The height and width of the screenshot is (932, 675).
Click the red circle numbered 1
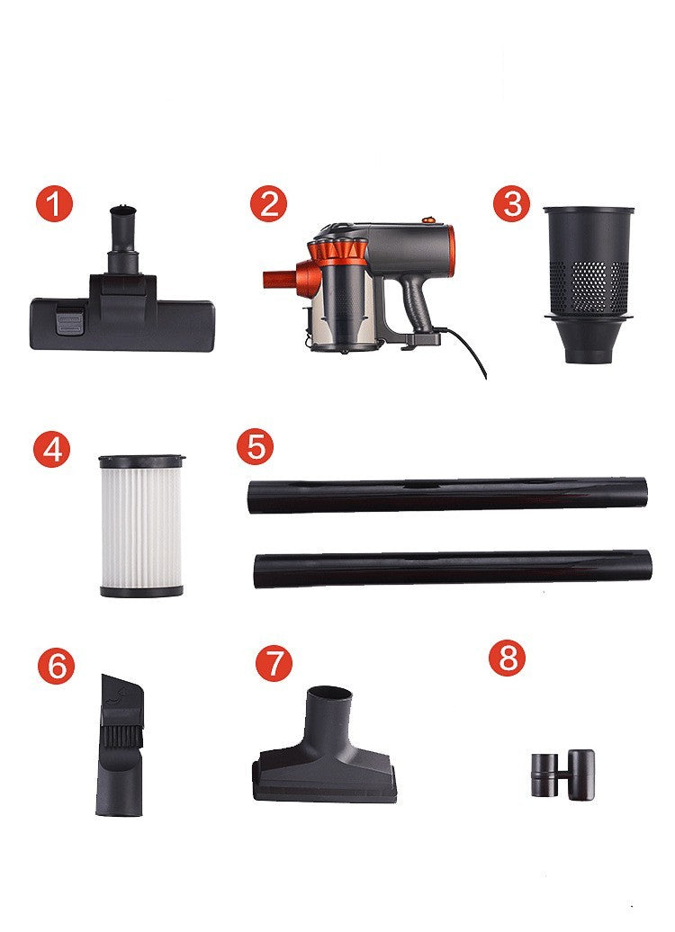(x=55, y=205)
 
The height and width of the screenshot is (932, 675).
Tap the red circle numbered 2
(x=268, y=204)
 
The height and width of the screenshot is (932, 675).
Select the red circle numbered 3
(x=512, y=204)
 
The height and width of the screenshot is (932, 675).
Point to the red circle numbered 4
(x=52, y=449)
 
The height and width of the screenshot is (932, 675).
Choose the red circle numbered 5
(x=256, y=447)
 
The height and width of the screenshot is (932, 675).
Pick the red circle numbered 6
(x=56, y=666)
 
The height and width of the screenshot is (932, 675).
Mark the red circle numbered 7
(x=274, y=665)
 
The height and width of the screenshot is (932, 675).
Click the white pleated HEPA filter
(x=141, y=525)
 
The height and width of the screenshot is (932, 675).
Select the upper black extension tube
(x=447, y=494)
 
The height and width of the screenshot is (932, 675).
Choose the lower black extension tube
(x=453, y=569)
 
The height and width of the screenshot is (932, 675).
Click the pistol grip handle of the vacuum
(x=417, y=301)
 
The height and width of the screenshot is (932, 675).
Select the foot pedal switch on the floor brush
(x=67, y=321)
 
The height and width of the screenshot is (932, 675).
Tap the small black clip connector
(x=561, y=771)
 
